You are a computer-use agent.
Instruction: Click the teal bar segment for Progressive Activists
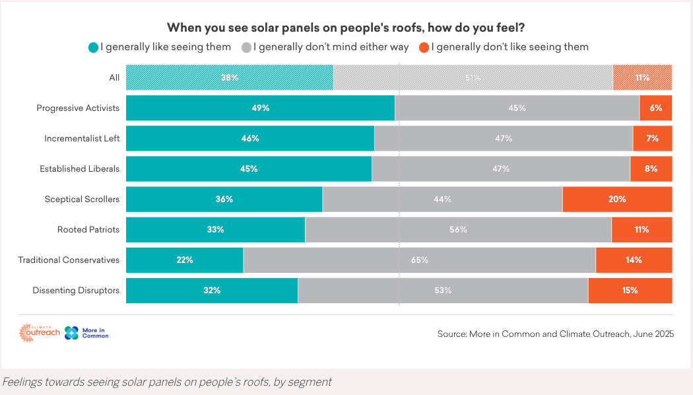[260, 108]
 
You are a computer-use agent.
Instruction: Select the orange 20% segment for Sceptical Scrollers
[617, 199]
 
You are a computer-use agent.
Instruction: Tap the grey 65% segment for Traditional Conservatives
[419, 260]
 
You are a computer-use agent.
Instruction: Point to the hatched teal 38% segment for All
[229, 77]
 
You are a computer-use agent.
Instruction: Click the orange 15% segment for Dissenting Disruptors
[630, 290]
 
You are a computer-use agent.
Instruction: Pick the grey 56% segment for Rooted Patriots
[458, 229]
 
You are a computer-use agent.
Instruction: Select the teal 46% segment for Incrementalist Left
[249, 138]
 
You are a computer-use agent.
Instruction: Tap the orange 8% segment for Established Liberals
[651, 168]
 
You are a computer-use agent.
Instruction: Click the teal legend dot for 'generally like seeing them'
[93, 48]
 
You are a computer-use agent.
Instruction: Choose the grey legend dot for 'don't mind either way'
[247, 48]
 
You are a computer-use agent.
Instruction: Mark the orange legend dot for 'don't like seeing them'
[424, 48]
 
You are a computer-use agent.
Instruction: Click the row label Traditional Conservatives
[69, 260]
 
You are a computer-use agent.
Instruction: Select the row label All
[114, 77]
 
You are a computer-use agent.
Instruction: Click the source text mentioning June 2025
[555, 334]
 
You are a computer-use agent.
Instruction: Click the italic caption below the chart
[166, 382]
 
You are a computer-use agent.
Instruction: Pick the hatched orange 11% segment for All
[642, 77]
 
